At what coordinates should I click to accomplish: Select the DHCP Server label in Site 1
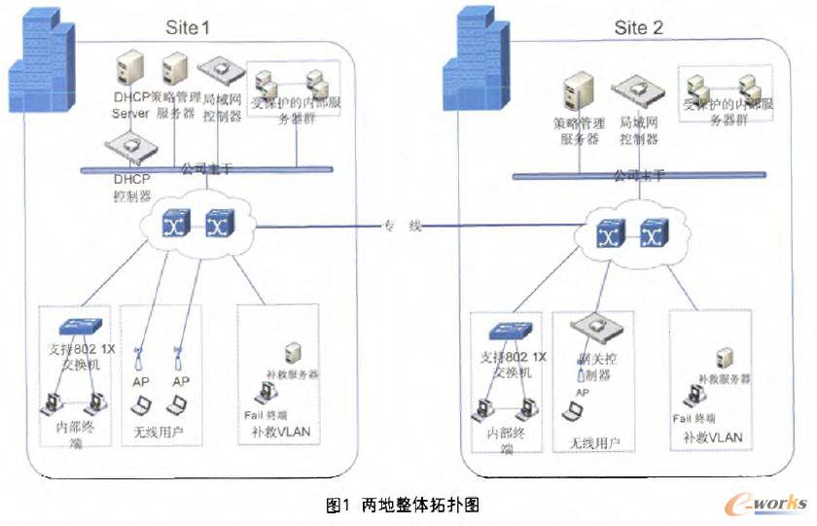(x=130, y=106)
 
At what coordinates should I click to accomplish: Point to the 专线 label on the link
(x=402, y=227)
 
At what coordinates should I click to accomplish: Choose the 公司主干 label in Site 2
(x=638, y=176)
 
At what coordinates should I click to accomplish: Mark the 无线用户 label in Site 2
(x=587, y=442)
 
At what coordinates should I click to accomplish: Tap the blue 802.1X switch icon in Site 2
(x=509, y=331)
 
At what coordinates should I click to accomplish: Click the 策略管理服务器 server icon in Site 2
(x=577, y=93)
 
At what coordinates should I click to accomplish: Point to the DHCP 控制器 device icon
(x=129, y=148)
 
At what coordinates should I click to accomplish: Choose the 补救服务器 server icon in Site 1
(x=291, y=352)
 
